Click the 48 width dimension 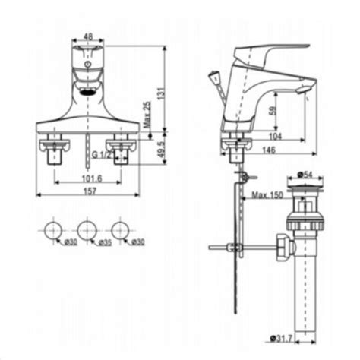click(x=88, y=35)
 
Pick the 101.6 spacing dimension click(x=90, y=178)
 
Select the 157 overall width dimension click(x=90, y=194)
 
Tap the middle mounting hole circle click(x=86, y=229)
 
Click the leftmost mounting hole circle click(x=53, y=229)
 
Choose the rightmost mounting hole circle click(x=119, y=229)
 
